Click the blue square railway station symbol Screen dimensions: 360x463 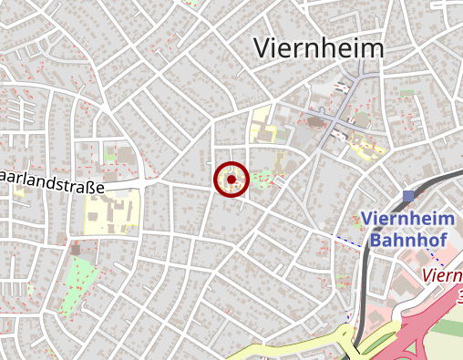(408, 196)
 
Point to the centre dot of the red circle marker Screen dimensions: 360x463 (231, 180)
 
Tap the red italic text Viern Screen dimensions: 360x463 (443, 274)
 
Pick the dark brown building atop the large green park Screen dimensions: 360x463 (76, 247)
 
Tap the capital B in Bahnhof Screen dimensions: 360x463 (377, 241)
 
